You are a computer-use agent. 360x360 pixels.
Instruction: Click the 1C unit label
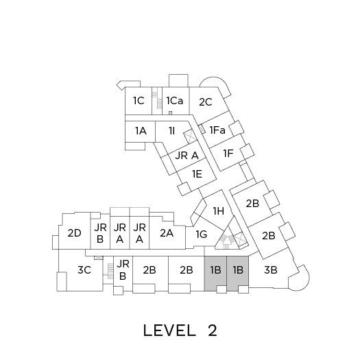click(x=139, y=101)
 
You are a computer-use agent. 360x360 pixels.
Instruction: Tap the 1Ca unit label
click(x=175, y=101)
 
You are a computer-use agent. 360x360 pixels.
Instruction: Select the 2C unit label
click(x=206, y=102)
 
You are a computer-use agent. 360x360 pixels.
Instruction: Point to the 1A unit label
click(x=141, y=131)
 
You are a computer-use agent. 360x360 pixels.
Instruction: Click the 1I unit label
click(x=171, y=131)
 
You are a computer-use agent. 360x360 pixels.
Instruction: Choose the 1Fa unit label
click(x=217, y=130)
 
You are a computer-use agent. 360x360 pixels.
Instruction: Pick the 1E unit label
click(x=197, y=173)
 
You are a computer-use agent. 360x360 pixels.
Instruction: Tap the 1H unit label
click(x=219, y=211)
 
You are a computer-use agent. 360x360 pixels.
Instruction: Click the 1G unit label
click(x=202, y=235)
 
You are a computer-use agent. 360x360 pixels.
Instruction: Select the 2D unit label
click(x=74, y=233)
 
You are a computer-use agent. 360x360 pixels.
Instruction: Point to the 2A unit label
click(x=167, y=233)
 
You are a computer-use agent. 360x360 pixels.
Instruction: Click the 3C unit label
click(x=84, y=269)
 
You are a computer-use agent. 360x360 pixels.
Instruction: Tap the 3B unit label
click(x=271, y=269)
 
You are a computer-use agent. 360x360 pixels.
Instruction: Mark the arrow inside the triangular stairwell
click(x=226, y=242)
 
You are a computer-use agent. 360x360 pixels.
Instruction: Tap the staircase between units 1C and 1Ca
click(x=157, y=101)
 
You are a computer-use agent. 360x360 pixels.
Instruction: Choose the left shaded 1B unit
click(x=215, y=273)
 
